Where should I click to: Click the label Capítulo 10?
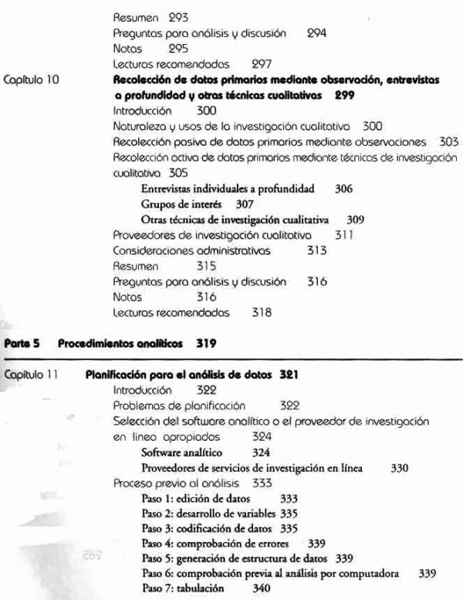(x=29, y=80)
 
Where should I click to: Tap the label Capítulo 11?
(x=28, y=375)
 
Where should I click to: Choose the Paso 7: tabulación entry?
(x=183, y=588)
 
